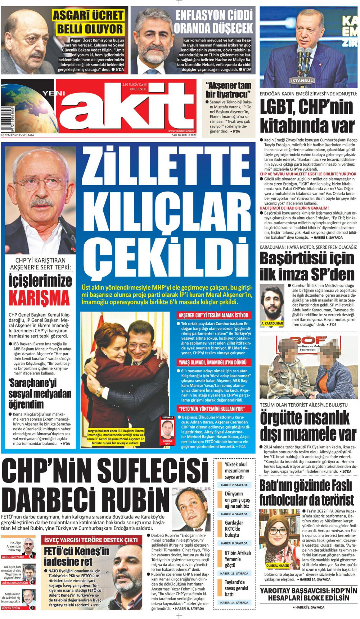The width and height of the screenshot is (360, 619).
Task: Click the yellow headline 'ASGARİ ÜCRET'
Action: coord(89,16)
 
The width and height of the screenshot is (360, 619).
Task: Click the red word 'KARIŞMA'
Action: coord(39,298)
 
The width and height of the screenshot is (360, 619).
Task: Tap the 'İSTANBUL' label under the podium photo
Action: coord(302,81)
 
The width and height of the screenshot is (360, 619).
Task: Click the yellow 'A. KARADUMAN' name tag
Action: coord(272,323)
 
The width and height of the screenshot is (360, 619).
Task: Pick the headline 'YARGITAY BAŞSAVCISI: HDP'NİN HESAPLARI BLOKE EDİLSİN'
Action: coord(309,595)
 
